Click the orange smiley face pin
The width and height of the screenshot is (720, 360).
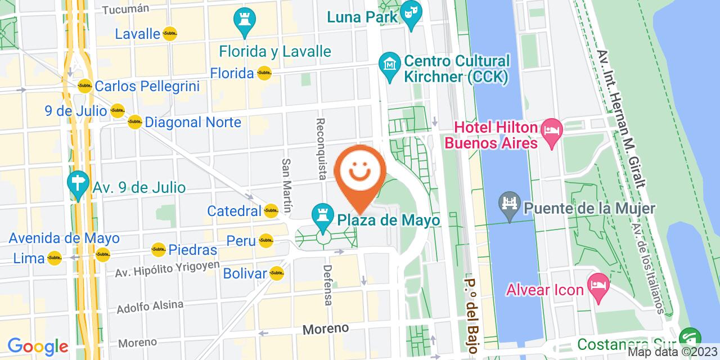click(360, 172)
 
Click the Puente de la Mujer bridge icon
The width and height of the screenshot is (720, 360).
click(510, 203)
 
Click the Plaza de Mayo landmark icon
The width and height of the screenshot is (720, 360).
click(323, 215)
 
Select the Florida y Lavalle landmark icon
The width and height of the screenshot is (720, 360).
click(245, 20)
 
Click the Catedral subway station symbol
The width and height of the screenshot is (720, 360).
click(271, 211)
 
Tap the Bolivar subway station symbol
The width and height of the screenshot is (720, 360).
click(276, 273)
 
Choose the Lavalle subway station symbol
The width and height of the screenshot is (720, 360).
click(169, 34)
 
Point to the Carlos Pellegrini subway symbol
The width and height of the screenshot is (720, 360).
click(85, 86)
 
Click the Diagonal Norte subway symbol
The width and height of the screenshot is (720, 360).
click(134, 121)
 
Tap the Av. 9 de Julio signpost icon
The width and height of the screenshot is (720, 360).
click(78, 184)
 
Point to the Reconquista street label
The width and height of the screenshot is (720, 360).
click(321, 148)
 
